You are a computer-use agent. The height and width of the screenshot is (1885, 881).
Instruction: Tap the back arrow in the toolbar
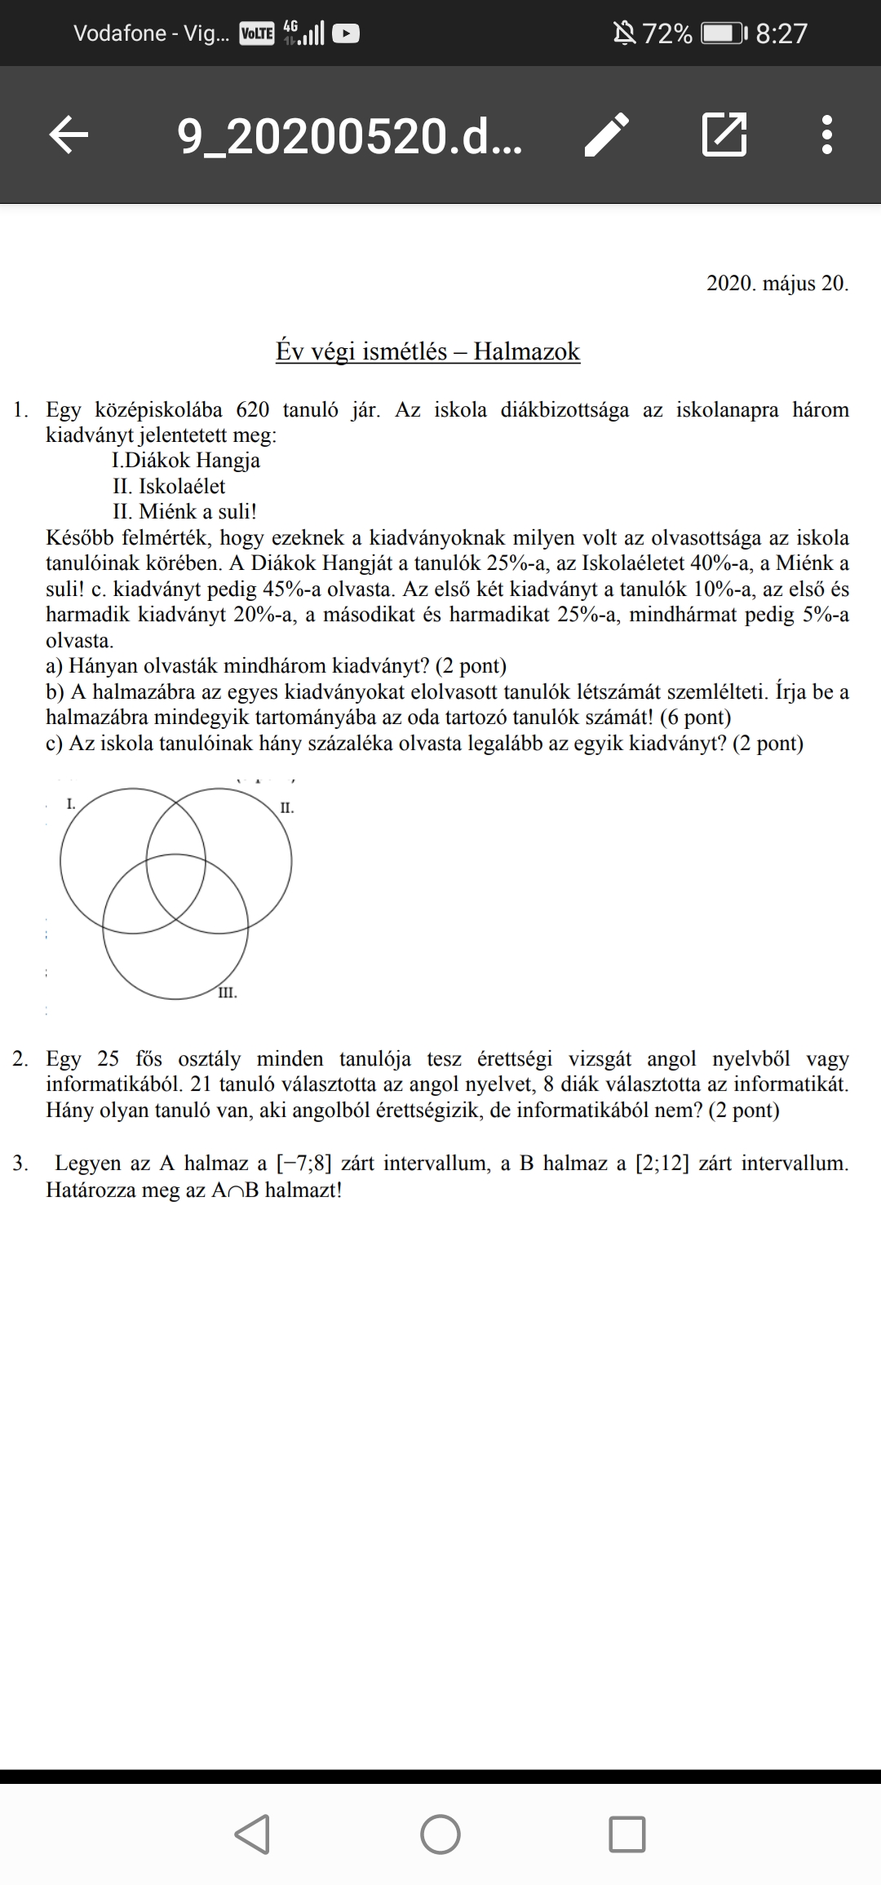[x=69, y=135]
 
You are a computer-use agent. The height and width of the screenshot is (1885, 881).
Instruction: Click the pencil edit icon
[x=608, y=135]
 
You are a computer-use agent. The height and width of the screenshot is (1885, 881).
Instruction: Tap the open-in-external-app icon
[x=724, y=135]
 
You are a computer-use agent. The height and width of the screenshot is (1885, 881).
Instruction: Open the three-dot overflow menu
[x=827, y=135]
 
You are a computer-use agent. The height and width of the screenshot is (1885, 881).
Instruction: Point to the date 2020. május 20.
[x=777, y=284]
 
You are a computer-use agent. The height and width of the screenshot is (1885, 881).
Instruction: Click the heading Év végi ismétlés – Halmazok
[x=427, y=351]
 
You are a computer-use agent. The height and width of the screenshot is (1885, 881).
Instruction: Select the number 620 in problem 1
[x=252, y=409]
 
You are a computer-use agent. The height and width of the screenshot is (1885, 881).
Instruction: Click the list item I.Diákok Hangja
[x=186, y=461]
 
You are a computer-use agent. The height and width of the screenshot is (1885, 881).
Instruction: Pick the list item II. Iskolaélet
[x=169, y=487]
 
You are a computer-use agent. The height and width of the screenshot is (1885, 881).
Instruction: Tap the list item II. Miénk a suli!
[x=184, y=512]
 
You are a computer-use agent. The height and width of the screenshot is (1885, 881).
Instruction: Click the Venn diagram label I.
[x=71, y=804]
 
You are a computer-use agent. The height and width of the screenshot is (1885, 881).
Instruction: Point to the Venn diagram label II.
[x=286, y=808]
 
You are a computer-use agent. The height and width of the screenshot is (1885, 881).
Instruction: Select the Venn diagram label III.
[x=228, y=993]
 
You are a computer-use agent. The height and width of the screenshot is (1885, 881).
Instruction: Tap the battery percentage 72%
[x=667, y=33]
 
